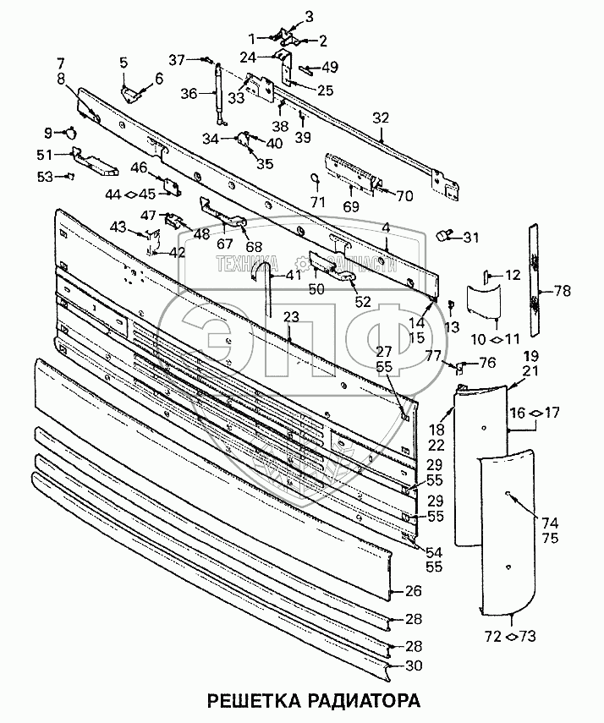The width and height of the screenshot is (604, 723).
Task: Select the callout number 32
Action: click(380, 118)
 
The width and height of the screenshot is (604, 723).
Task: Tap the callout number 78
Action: click(561, 290)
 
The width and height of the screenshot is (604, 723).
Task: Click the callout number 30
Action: click(414, 665)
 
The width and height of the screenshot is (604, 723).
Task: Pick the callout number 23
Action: click(291, 317)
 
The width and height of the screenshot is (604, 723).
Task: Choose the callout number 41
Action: click(292, 275)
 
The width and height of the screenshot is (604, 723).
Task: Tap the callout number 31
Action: click(470, 236)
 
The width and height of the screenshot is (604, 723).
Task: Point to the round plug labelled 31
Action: click(444, 236)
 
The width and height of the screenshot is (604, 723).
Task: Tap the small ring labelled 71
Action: click(316, 180)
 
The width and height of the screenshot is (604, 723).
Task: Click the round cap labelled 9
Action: click(71, 131)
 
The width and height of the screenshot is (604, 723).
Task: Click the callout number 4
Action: click(386, 228)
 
